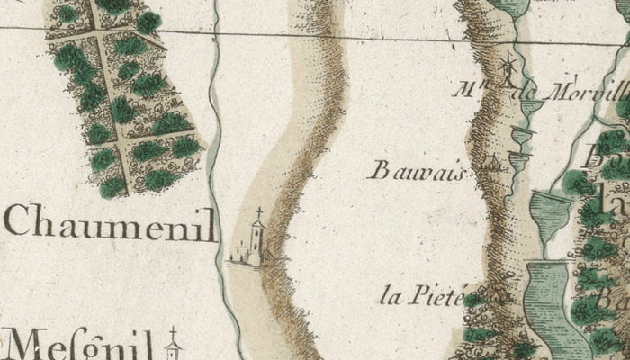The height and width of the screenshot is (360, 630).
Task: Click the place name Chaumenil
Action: point(110,222)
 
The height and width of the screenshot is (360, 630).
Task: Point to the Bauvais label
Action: point(416,170)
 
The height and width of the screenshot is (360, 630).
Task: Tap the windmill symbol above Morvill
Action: point(509,68)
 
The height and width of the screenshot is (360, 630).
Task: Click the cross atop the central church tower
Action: point(259,213)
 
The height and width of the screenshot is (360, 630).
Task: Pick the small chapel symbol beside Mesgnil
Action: point(174,344)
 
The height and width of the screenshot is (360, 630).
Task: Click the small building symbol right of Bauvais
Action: point(490,164)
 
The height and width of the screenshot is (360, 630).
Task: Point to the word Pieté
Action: point(434,294)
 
